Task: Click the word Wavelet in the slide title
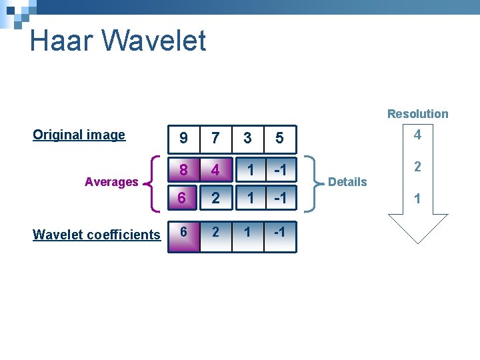pos(154,41)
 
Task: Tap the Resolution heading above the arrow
pos(417,114)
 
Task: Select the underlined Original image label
pos(79,135)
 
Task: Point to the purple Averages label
pos(111,182)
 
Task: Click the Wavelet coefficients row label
pos(96,235)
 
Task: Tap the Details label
pos(347,182)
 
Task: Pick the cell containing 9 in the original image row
pos(183,138)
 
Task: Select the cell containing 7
pos(215,138)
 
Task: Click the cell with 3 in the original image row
pos(247,138)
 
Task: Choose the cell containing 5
pos(279,138)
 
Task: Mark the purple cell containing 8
pos(183,170)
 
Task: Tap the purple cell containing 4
pos(215,170)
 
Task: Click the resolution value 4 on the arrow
pos(417,135)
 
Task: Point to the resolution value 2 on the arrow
pos(417,167)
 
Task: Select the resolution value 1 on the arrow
pos(417,199)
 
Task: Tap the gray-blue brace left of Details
pos(311,183)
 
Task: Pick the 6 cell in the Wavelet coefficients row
pos(183,236)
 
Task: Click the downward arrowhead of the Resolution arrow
pos(417,230)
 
